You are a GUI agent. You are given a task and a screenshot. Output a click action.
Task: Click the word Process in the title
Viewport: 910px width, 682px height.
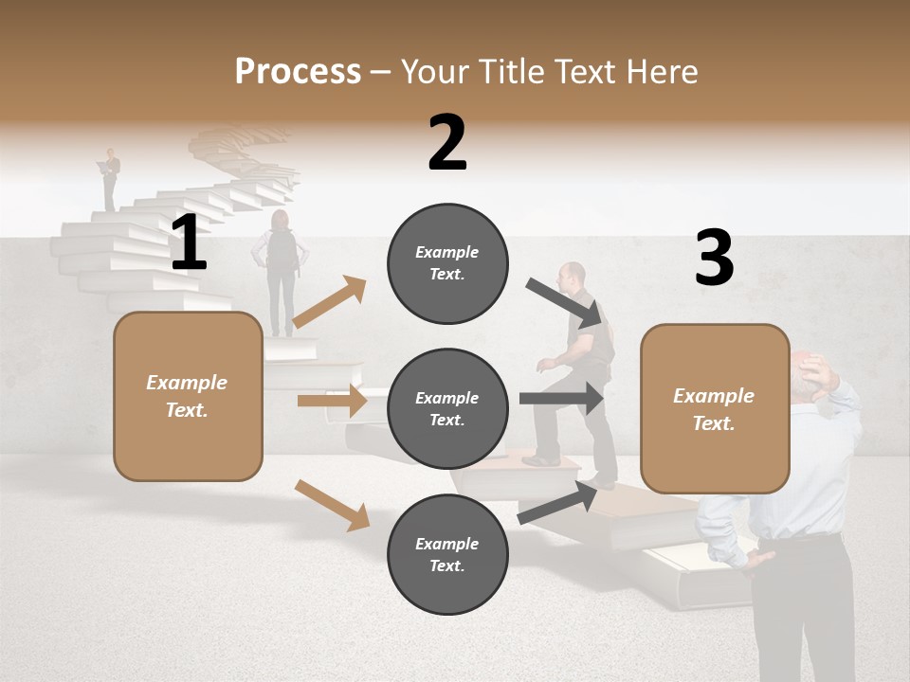pyautogui.click(x=298, y=71)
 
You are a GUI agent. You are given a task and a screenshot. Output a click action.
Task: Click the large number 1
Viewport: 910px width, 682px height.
pyautogui.click(x=189, y=243)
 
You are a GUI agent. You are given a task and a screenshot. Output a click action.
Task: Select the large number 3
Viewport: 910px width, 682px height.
pyautogui.click(x=714, y=259)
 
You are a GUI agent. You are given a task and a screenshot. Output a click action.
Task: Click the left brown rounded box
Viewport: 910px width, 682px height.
pyautogui.click(x=188, y=396)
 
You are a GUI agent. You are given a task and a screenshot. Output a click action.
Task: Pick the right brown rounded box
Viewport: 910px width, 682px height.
pyautogui.click(x=715, y=408)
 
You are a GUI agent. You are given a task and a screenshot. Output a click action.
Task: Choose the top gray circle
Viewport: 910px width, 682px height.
pyautogui.click(x=447, y=263)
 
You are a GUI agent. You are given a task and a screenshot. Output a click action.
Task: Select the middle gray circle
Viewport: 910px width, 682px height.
pyautogui.click(x=447, y=408)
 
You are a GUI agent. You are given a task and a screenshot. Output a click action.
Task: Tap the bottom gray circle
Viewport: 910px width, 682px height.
pyautogui.click(x=447, y=554)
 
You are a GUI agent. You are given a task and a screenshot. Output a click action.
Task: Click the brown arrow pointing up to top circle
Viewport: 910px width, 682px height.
pyautogui.click(x=329, y=302)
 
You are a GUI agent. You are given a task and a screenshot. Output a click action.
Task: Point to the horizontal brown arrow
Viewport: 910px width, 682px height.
pyautogui.click(x=332, y=401)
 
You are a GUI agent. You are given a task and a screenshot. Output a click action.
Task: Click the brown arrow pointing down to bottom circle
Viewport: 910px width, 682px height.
pyautogui.click(x=332, y=505)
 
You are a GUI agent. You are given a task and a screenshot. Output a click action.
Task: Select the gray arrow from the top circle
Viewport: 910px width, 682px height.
pyautogui.click(x=565, y=303)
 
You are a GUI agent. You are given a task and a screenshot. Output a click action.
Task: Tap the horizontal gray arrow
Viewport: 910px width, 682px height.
pyautogui.click(x=562, y=399)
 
